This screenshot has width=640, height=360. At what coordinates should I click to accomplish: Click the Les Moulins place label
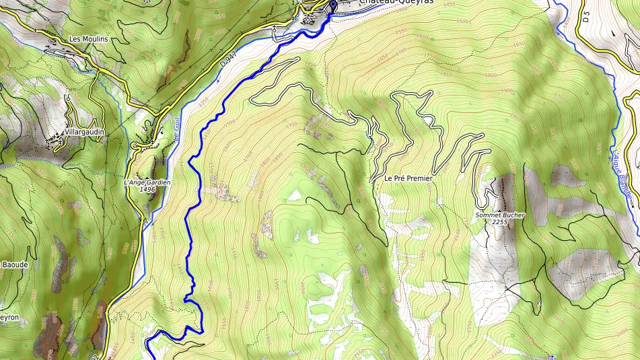click(x=88, y=39)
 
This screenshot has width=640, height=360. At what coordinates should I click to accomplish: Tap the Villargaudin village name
click(x=85, y=133)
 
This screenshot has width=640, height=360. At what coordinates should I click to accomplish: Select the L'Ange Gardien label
click(x=147, y=182)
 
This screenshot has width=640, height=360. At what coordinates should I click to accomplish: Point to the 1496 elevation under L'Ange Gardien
click(x=147, y=190)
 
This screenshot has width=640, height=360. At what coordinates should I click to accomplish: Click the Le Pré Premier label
click(x=408, y=179)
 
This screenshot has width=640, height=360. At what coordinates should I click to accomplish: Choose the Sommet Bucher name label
click(x=499, y=215)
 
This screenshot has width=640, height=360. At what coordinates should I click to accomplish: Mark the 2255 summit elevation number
click(x=499, y=222)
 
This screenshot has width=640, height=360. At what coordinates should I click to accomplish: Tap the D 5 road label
click(x=586, y=17)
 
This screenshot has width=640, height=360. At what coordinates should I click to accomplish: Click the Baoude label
click(x=14, y=265)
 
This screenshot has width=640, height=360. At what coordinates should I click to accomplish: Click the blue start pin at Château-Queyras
click(x=332, y=7)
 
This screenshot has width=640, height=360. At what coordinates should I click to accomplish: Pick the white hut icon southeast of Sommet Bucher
click(x=539, y=304)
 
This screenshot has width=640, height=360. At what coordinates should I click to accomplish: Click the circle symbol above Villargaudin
click(x=68, y=99)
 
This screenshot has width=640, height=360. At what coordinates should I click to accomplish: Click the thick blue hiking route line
click(x=190, y=202)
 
